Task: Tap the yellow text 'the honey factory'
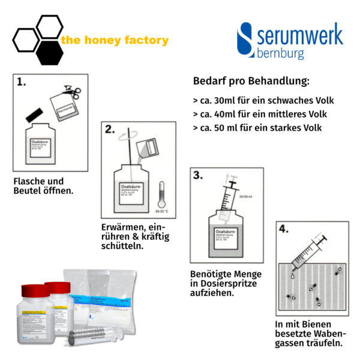115,41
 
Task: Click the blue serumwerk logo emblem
245,40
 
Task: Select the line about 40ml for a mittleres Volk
263,114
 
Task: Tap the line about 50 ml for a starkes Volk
257,128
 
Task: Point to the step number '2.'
110,129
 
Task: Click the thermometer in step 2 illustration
160,195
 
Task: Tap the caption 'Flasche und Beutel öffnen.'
43,186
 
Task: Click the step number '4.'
286,229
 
